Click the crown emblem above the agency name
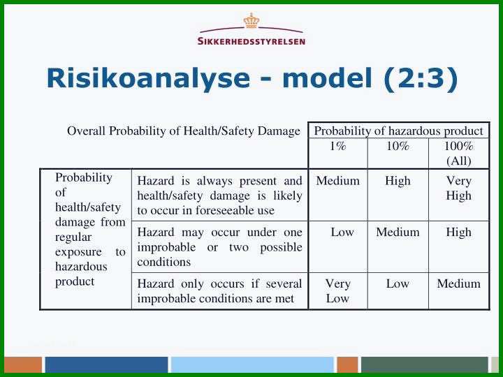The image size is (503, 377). pyautogui.click(x=251, y=20)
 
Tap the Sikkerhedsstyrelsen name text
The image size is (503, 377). pyautogui.click(x=251, y=41)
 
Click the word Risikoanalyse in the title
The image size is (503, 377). pyautogui.click(x=148, y=79)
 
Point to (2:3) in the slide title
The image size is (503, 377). pyautogui.click(x=421, y=79)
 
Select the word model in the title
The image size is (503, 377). pyautogui.click(x=327, y=78)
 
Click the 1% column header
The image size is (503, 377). pyautogui.click(x=338, y=146)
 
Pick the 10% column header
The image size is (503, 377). pyautogui.click(x=398, y=146)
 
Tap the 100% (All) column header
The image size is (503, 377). pyautogui.click(x=459, y=153)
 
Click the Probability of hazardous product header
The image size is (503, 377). pyautogui.click(x=398, y=131)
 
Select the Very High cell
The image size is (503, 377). pyautogui.click(x=459, y=188)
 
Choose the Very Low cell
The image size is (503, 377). pyautogui.click(x=337, y=291)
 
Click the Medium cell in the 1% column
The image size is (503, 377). pyautogui.click(x=338, y=181)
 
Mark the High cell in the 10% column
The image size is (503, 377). pyautogui.click(x=398, y=181)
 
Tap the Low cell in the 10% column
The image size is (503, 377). pyautogui.click(x=398, y=283)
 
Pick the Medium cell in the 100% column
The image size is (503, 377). pyautogui.click(x=459, y=283)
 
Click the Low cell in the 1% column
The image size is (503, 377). pyautogui.click(x=342, y=232)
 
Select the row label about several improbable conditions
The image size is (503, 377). pyautogui.click(x=219, y=291)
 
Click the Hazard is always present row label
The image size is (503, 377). pyautogui.click(x=219, y=195)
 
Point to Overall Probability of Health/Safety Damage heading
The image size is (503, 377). pyautogui.click(x=184, y=131)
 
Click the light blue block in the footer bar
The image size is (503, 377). pyautogui.click(x=252, y=365)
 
